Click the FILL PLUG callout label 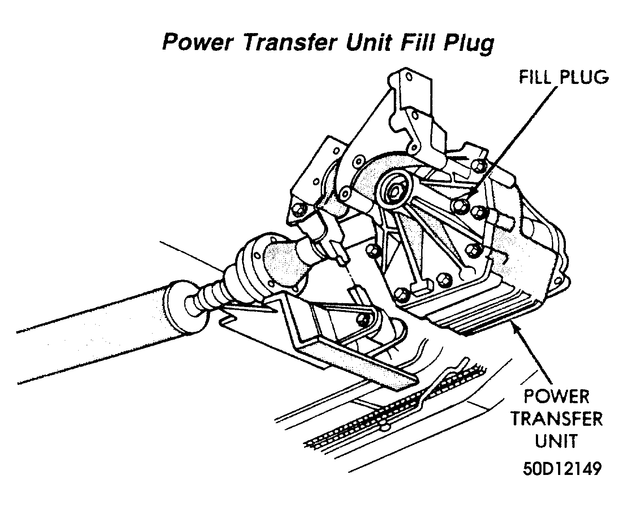(564, 77)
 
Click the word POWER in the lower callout (556, 397)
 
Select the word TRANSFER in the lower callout (557, 419)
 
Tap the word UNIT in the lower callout (557, 441)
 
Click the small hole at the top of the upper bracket (409, 77)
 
